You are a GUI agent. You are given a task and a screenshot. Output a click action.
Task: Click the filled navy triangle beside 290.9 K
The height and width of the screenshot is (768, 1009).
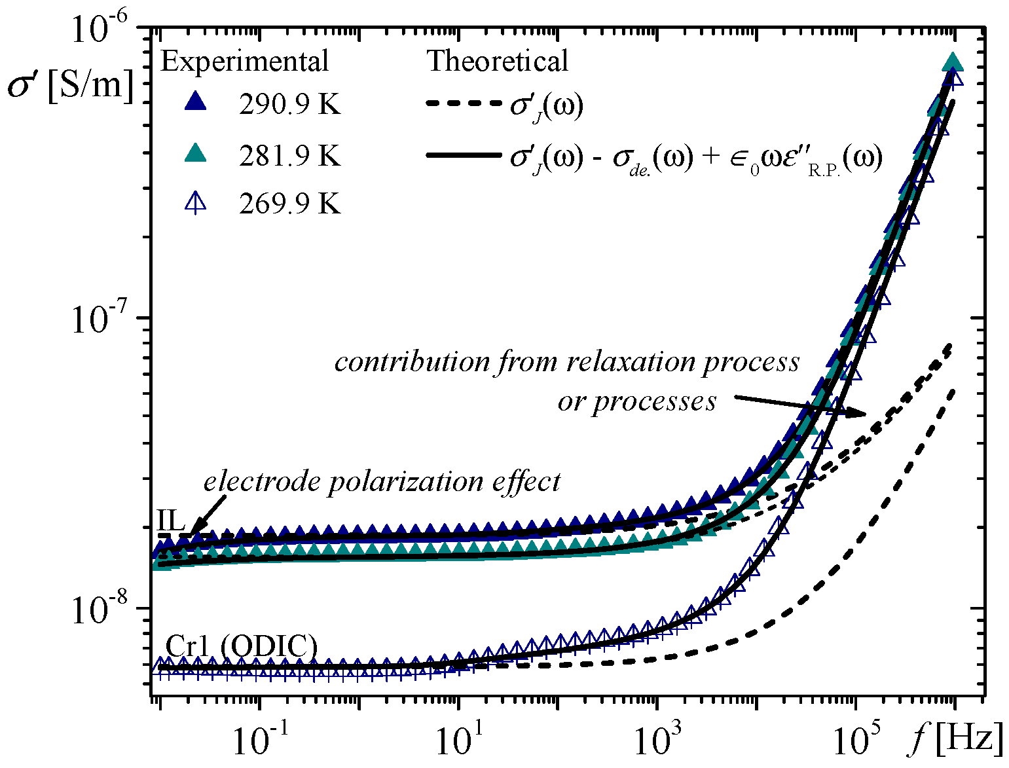tap(195, 103)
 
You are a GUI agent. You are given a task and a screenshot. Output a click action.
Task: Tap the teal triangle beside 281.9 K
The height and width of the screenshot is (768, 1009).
tap(195, 154)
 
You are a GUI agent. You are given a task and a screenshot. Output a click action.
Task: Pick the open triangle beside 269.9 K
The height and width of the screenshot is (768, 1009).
tap(195, 204)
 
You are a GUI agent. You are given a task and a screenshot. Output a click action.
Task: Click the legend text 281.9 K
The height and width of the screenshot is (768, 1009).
tap(289, 156)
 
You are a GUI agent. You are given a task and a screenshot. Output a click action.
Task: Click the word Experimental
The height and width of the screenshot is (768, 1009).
tap(244, 61)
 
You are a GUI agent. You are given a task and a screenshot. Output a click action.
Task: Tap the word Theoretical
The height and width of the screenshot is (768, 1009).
tap(498, 61)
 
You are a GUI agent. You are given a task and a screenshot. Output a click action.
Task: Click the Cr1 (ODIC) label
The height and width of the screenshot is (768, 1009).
tap(241, 646)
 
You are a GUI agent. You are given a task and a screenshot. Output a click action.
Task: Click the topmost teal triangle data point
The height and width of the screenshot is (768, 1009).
tap(953, 63)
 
